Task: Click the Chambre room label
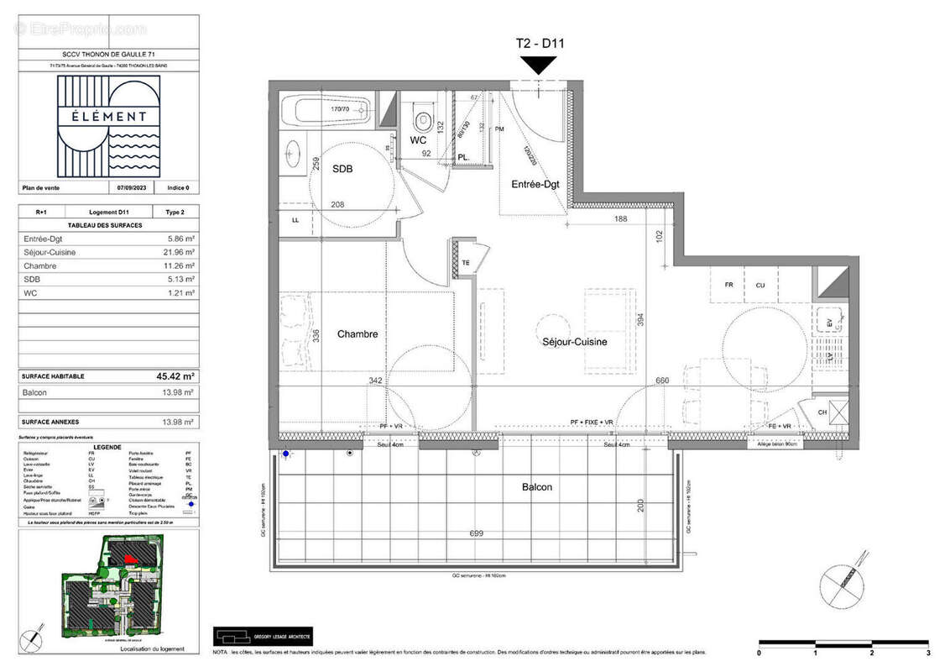[358, 334]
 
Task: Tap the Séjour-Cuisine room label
[573, 342]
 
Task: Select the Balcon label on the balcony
[537, 487]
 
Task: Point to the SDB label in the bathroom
[342, 169]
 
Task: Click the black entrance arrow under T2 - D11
[538, 65]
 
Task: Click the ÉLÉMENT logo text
[108, 117]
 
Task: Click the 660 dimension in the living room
[663, 380]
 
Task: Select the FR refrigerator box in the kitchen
[728, 285]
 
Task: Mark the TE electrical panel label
[467, 262]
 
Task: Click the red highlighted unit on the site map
[129, 557]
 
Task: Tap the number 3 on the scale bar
[927, 652]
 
